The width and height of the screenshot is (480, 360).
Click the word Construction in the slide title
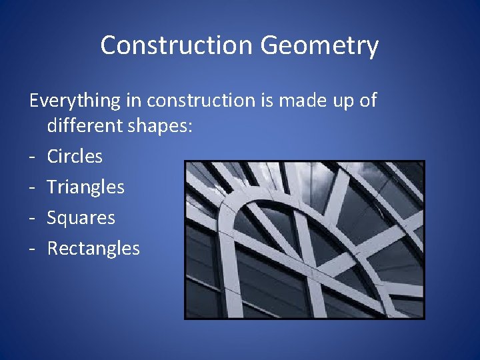tap(177, 45)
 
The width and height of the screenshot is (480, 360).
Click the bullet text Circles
tap(75, 157)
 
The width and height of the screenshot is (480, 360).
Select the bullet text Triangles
tap(85, 188)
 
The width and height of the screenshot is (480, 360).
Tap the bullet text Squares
tap(81, 219)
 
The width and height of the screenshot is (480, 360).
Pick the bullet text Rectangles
tap(93, 249)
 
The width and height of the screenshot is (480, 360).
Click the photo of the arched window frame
tap(304, 240)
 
